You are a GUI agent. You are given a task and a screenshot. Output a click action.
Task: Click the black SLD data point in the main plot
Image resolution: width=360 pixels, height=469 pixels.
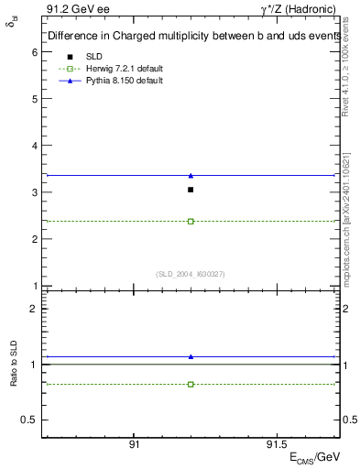(191, 190)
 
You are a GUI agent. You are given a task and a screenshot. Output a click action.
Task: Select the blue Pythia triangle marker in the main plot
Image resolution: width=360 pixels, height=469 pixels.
(191, 175)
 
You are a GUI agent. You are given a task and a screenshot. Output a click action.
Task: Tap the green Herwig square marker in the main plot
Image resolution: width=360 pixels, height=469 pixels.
(191, 221)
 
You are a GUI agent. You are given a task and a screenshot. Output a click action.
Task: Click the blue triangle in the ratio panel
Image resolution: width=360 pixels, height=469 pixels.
(191, 356)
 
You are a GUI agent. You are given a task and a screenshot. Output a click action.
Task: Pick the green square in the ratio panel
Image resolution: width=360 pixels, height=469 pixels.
(191, 384)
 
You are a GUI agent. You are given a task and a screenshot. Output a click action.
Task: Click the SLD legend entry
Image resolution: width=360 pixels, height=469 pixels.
(93, 57)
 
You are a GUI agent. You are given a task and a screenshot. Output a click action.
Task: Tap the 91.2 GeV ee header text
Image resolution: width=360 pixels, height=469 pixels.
(73, 8)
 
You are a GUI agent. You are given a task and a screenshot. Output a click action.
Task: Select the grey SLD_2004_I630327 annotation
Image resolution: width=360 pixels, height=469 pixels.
(190, 274)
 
